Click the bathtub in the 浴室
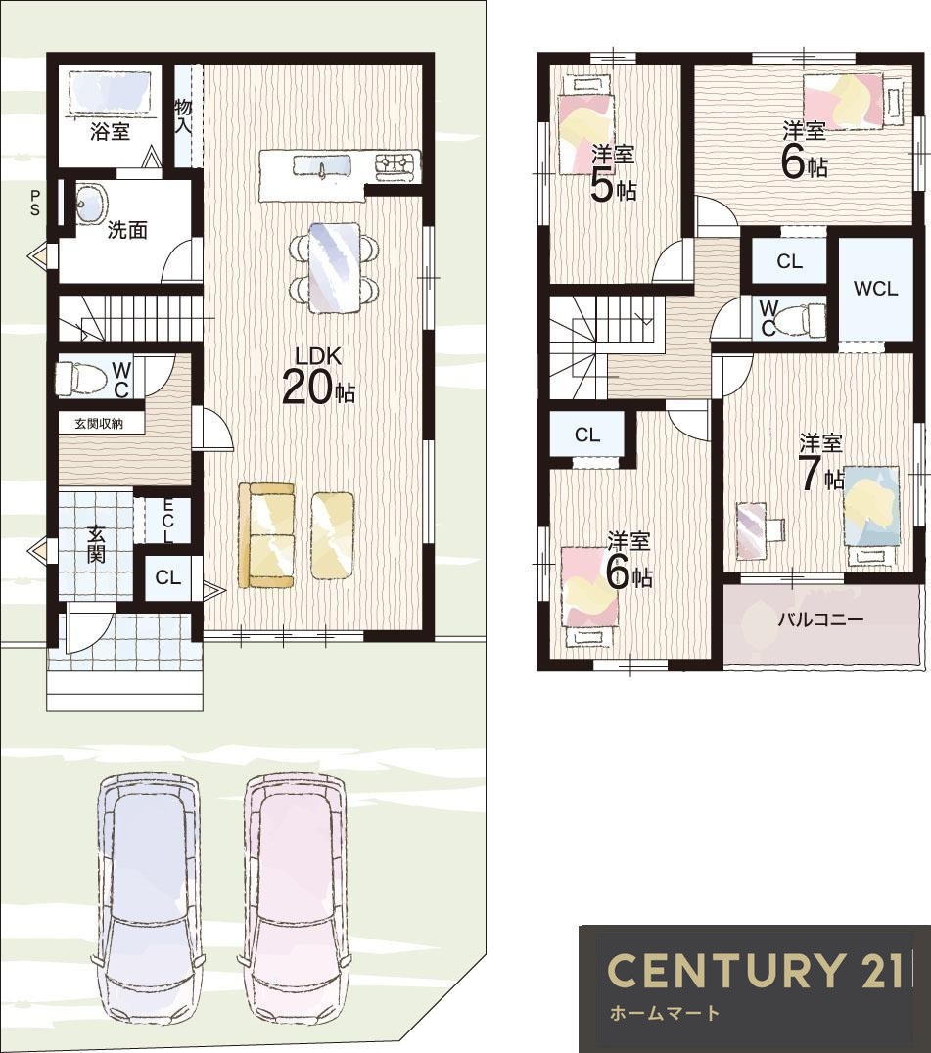pyautogui.click(x=110, y=93)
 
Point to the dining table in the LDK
pyautogui.click(x=335, y=267)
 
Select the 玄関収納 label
pyautogui.click(x=99, y=424)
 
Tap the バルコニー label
pyautogui.click(x=820, y=619)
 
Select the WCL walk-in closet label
pyautogui.click(x=875, y=289)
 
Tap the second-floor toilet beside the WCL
pyautogui.click(x=806, y=319)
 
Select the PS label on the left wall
pyautogui.click(x=35, y=203)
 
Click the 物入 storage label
pyautogui.click(x=183, y=115)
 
